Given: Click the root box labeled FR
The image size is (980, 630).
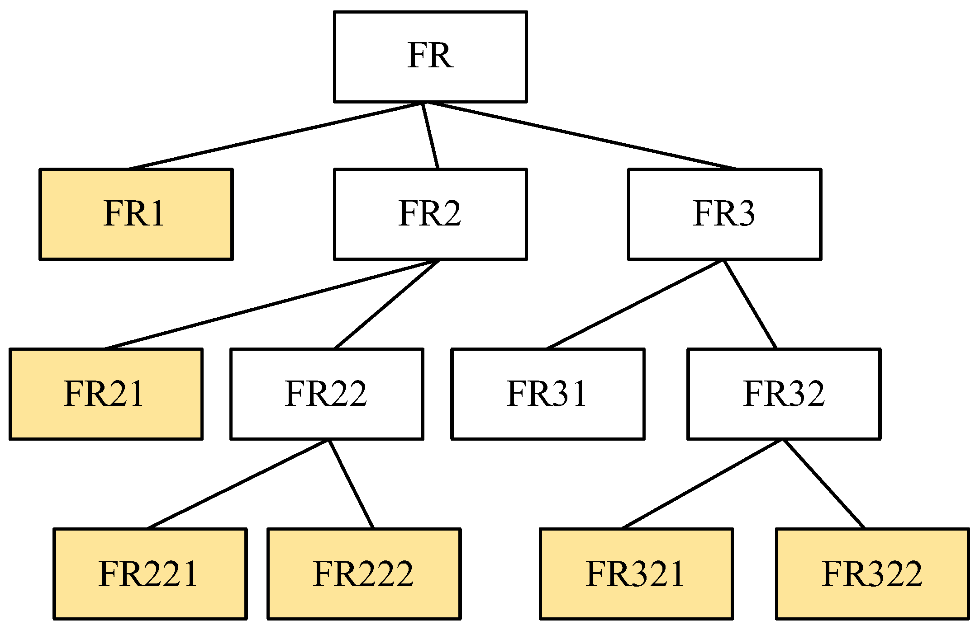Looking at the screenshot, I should click(430, 57).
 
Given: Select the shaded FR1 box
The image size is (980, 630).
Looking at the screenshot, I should click(136, 214).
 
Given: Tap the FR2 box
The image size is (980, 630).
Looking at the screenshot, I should click(430, 214).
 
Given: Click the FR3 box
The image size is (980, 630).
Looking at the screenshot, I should click(724, 214).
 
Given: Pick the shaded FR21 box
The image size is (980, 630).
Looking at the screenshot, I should click(105, 394).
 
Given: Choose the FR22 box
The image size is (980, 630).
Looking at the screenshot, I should click(327, 394).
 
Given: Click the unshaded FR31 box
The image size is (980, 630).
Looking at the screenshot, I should click(547, 394).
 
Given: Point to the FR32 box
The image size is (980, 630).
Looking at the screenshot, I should click(784, 394).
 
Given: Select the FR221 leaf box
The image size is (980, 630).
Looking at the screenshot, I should click(150, 574).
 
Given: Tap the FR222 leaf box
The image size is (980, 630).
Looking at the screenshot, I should click(364, 574).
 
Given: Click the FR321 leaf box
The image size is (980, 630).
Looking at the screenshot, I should click(636, 574).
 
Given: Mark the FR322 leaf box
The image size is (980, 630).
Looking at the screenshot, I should click(872, 574).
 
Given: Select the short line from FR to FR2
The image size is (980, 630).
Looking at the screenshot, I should click(430, 136).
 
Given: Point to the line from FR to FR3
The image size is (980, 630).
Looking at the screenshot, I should click(579, 136).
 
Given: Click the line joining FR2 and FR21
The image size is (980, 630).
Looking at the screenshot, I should click(271, 304).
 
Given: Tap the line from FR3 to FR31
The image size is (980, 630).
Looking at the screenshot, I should click(636, 304).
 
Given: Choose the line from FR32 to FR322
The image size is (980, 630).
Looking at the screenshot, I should click(824, 484).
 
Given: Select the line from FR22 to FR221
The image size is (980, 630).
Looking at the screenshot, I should click(238, 484).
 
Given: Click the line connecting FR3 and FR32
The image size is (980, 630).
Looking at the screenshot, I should click(750, 304).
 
